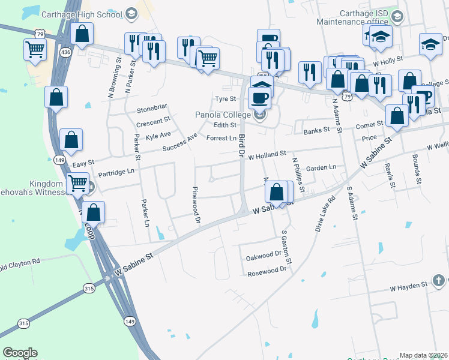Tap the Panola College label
224,115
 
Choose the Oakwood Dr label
264,257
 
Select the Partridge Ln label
116,172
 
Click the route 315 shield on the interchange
89,289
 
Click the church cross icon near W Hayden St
439,280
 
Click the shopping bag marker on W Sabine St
277,193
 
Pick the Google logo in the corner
20,353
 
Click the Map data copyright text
424,355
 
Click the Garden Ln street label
321,169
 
